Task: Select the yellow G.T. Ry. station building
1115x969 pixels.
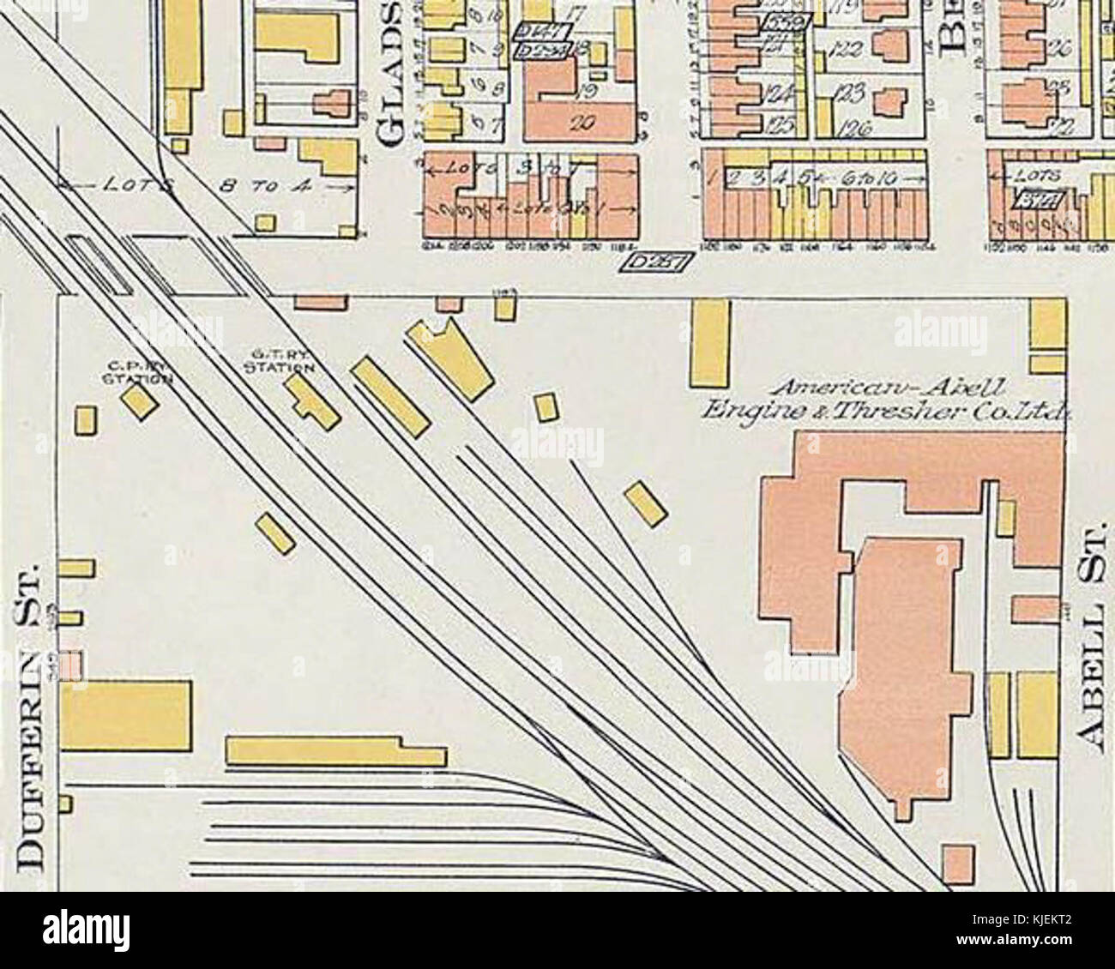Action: tap(312, 400)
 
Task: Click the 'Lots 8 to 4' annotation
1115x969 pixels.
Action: tap(206, 187)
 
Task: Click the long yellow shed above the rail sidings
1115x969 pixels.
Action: tap(334, 751)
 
